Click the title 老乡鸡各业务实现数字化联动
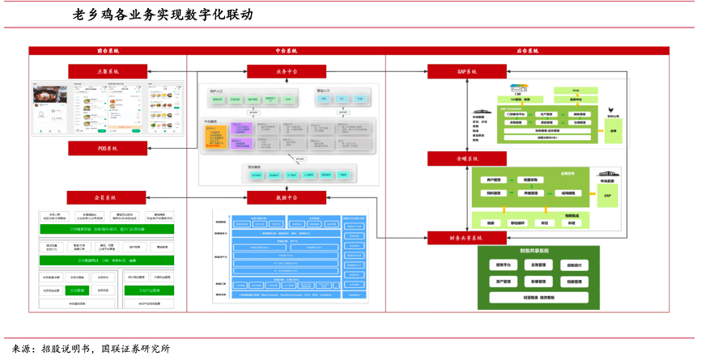coord(162,15)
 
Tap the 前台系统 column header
coord(107,51)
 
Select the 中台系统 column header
coord(286,51)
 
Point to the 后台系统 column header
coord(527,51)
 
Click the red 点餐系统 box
coord(107,71)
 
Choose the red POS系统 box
coord(107,148)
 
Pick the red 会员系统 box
coord(107,197)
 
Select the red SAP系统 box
coord(467,71)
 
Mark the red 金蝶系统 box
coord(467,159)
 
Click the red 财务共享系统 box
coord(467,238)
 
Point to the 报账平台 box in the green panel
coord(507,265)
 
